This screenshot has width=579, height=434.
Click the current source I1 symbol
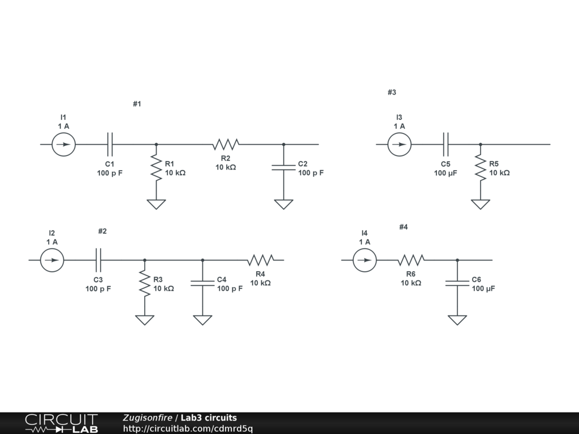[64, 144]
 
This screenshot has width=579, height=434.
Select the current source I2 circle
[52, 260]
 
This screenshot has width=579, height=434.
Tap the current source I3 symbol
[400, 144]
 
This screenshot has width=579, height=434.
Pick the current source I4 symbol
[365, 260]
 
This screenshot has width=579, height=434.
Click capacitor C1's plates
[110, 144]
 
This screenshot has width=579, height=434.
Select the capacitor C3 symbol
[98, 260]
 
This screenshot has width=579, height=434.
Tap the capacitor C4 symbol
[202, 283]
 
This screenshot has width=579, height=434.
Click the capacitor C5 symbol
[446, 144]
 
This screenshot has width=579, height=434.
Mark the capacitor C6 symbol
[457, 283]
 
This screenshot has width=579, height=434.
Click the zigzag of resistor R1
[156, 168]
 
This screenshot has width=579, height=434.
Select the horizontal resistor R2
[226, 144]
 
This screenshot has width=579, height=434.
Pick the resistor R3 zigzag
[145, 284]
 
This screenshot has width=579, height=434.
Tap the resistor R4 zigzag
[260, 260]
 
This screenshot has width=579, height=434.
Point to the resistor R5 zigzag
[480, 168]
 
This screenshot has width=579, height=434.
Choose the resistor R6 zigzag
[411, 260]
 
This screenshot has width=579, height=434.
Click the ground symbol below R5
[480, 204]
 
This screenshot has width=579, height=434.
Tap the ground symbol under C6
[457, 320]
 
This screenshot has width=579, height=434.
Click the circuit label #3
[392, 92]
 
